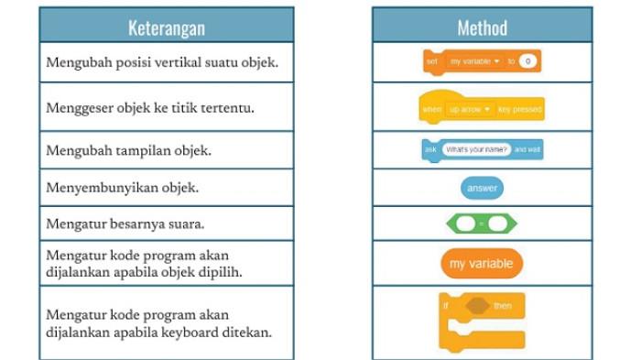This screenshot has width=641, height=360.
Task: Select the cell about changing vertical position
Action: coord(166,62)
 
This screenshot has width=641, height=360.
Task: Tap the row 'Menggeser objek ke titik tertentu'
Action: coord(166,107)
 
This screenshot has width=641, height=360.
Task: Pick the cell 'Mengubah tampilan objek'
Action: coord(166,150)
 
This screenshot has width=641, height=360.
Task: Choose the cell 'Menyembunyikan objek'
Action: coord(166,188)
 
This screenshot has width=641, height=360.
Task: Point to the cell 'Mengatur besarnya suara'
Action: coord(166,224)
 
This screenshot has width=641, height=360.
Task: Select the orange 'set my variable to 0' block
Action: coord(481,62)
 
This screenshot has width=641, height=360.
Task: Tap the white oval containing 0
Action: coord(528,62)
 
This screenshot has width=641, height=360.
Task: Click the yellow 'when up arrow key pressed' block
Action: coord(481,107)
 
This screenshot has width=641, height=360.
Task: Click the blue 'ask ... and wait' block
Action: coord(481,149)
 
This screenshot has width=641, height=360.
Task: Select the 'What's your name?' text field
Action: coord(475,149)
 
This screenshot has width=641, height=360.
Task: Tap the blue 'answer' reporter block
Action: coord(482,188)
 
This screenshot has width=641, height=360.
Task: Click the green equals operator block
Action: coord(482,224)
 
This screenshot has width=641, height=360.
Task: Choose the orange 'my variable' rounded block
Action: coord(482,264)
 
